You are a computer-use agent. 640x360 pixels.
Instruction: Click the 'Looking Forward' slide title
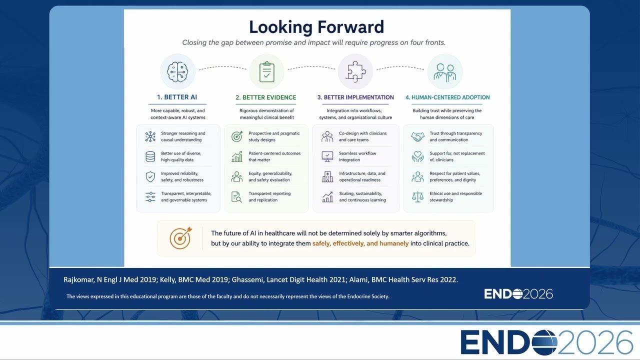pyautogui.click(x=316, y=27)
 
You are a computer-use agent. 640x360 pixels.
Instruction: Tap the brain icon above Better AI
pyautogui.click(x=177, y=71)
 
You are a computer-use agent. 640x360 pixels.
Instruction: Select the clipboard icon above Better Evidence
pyautogui.click(x=267, y=71)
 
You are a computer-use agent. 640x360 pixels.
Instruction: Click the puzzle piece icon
pyautogui.click(x=355, y=71)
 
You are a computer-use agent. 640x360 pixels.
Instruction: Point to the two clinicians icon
pyautogui.click(x=445, y=72)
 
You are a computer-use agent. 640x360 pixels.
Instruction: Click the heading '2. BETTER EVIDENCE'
pyautogui.click(x=265, y=97)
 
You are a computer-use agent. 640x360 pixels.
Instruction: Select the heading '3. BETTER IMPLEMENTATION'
pyautogui.click(x=355, y=97)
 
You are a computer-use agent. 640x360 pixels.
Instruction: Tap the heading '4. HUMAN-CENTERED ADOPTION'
pyautogui.click(x=447, y=97)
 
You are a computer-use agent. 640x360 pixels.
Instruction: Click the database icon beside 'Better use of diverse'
pyautogui.click(x=150, y=156)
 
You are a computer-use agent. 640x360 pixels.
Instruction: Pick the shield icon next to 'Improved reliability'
pyautogui.click(x=150, y=177)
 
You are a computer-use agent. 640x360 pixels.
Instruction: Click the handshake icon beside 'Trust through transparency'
pyautogui.click(x=417, y=136)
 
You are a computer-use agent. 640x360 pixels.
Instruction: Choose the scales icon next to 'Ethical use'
pyautogui.click(x=417, y=197)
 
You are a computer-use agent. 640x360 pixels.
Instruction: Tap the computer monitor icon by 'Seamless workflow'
pyautogui.click(x=327, y=156)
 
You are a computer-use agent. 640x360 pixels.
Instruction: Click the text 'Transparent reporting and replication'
pyautogui.click(x=269, y=196)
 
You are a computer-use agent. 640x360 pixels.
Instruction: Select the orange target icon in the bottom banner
pyautogui.click(x=180, y=238)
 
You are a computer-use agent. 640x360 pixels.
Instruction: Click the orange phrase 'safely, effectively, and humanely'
pyautogui.click(x=360, y=243)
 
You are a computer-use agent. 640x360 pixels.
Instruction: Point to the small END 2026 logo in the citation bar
pyautogui.click(x=518, y=294)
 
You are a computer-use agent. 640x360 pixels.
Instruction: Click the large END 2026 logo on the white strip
pyautogui.click(x=546, y=342)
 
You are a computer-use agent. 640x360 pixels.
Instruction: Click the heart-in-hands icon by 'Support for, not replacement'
pyautogui.click(x=417, y=156)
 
